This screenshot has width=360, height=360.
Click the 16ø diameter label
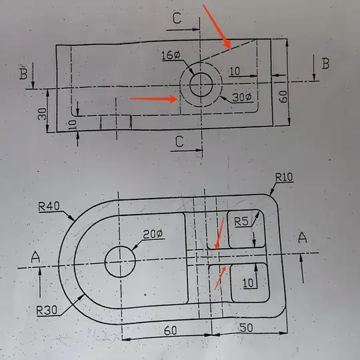click(171, 55)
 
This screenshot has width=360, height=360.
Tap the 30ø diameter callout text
click(242, 97)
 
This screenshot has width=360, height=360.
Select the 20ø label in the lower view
click(152, 234)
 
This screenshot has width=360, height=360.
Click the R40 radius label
click(50, 207)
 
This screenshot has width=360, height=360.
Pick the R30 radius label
click(48, 310)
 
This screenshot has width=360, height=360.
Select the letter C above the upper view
click(176, 19)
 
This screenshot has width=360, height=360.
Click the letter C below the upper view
click(179, 141)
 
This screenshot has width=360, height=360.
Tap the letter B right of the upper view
click(325, 64)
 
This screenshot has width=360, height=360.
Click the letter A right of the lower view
click(303, 238)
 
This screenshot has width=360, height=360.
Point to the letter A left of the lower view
click(36, 255)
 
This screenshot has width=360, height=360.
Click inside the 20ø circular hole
click(121, 261)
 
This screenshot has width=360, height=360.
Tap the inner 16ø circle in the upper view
click(201, 84)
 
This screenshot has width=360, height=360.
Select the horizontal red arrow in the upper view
click(153, 99)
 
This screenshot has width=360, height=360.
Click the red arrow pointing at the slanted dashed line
click(217, 27)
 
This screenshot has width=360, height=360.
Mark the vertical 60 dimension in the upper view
click(283, 95)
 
